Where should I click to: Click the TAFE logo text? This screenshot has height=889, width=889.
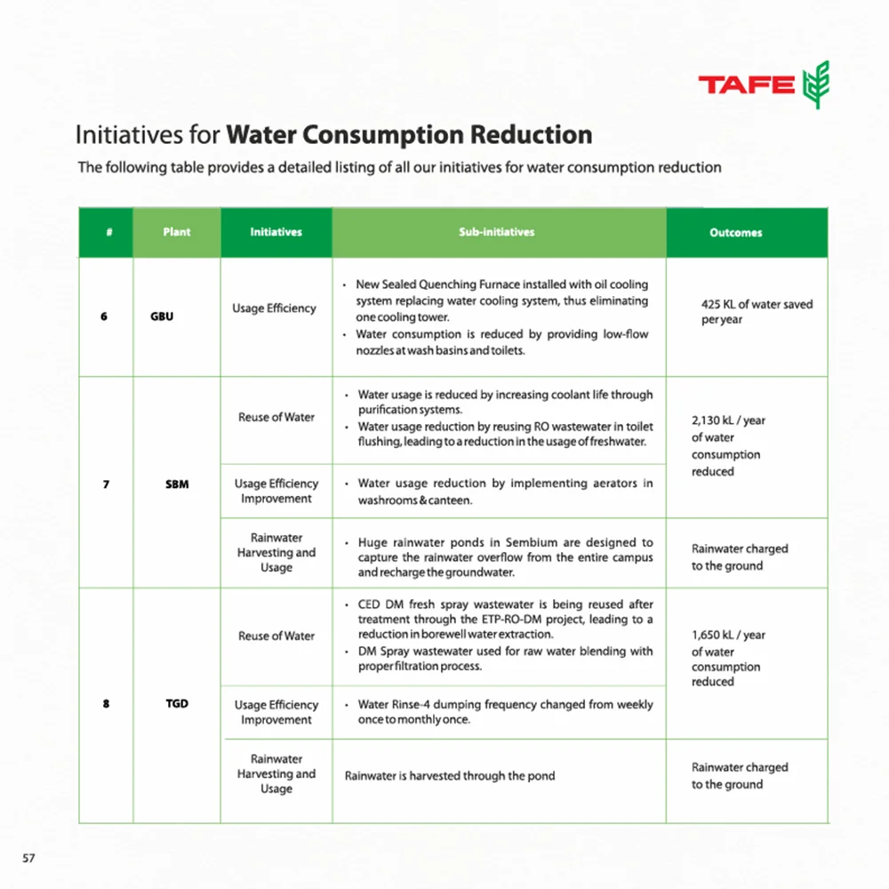click(x=746, y=85)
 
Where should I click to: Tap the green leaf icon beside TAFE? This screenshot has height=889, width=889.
click(x=815, y=85)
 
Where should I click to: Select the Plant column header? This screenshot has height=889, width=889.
click(x=177, y=232)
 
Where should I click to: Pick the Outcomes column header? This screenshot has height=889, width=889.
click(x=735, y=233)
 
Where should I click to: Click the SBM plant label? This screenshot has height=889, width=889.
click(x=177, y=485)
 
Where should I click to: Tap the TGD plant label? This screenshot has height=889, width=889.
click(x=177, y=704)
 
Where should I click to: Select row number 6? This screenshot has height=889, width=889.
click(x=104, y=316)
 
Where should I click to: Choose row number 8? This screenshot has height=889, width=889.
click(x=106, y=704)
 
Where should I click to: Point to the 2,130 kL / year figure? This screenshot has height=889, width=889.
click(x=728, y=420)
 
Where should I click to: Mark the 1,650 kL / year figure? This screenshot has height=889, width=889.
click(x=728, y=636)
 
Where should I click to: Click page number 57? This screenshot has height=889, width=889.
click(x=28, y=858)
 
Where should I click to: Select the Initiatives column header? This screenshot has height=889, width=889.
click(x=276, y=232)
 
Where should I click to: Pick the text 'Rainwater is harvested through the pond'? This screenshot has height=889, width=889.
click(x=450, y=776)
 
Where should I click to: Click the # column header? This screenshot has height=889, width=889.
click(x=108, y=232)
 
